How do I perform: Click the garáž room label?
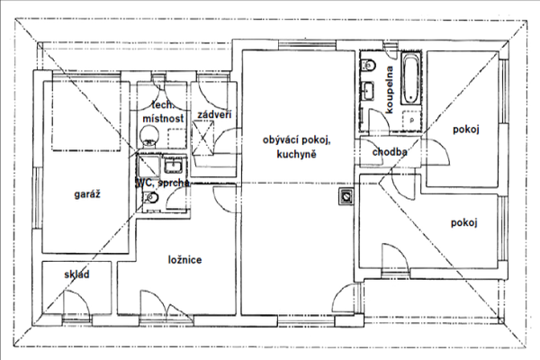tap(87, 194)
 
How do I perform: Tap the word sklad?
tap(76, 274)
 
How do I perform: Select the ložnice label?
tap(184, 260)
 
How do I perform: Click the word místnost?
tap(163, 119)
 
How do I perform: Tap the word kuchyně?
tap(296, 154)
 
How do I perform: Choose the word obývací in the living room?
tap(281, 140)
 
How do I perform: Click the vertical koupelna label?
tap(390, 90)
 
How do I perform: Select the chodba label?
tap(390, 151)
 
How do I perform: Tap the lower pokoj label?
tap(463, 223)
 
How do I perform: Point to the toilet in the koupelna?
tap(368, 65)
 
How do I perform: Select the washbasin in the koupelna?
tap(367, 91)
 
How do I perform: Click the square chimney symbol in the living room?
tap(346, 196)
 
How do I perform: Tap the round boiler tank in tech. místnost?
tap(149, 136)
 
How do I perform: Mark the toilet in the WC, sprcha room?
tap(151, 197)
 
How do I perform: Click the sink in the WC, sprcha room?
tap(173, 166)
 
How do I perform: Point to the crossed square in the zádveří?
tap(202, 138)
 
